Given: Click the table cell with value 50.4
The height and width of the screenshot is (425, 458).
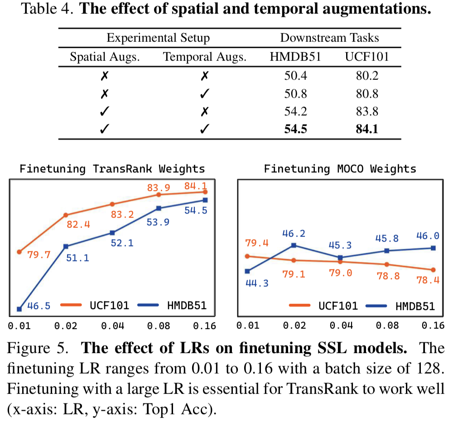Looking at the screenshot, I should click(x=296, y=75).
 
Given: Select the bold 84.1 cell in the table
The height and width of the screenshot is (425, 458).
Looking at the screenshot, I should click(x=367, y=129).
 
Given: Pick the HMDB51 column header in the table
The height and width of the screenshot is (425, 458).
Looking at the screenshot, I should click(x=296, y=57).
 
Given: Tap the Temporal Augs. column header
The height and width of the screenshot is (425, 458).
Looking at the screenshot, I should click(x=205, y=57).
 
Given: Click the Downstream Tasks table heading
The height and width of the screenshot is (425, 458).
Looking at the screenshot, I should click(x=329, y=38).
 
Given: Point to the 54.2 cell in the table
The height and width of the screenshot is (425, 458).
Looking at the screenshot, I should click(x=296, y=111).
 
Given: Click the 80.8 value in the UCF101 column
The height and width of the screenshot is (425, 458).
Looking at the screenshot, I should click(x=367, y=93).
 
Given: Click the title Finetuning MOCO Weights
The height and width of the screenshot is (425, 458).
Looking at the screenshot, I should click(x=340, y=169).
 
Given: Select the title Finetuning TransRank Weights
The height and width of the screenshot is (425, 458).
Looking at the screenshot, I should click(x=112, y=169).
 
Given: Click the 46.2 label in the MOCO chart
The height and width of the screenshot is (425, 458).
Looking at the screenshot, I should click(x=294, y=234).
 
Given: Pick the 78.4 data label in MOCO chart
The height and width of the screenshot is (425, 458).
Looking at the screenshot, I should click(x=428, y=280).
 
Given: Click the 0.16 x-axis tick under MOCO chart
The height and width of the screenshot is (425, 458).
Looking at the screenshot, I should click(x=432, y=325).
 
